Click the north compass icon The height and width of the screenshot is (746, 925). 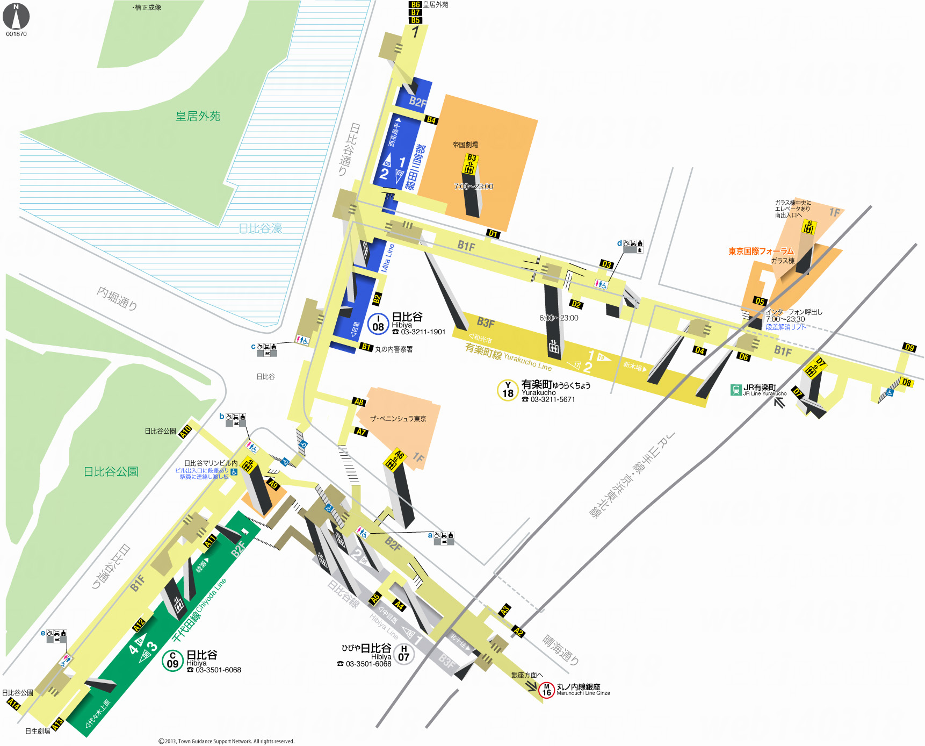coord(16,17)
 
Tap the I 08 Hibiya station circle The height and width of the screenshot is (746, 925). coord(378,324)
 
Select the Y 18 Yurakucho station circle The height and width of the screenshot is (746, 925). coord(508,390)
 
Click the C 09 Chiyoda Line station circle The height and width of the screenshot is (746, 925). coord(172,661)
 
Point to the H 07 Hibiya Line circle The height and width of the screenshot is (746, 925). coord(404,654)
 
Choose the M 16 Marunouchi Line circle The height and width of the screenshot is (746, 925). coord(546,690)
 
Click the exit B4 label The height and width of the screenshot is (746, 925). coord(431,120)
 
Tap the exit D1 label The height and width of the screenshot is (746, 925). coord(493,233)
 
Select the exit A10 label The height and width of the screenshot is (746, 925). coord(185,432)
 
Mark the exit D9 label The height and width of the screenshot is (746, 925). coord(909,347)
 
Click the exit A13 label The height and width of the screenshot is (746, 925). coord(57,723)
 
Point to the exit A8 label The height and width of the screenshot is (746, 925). coord(359,401)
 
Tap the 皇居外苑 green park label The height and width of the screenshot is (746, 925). coord(198,116)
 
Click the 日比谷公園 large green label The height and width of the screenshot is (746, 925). coord(111,471)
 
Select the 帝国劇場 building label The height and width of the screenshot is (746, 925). coord(465,145)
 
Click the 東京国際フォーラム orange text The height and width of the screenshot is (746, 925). coord(761,251)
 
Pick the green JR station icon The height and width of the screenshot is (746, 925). coord(736,390)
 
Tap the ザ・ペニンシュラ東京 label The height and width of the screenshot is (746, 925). coord(398,419)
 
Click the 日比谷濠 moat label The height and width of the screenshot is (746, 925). coord(261,228)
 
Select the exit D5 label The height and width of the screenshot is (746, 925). coord(760,301)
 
